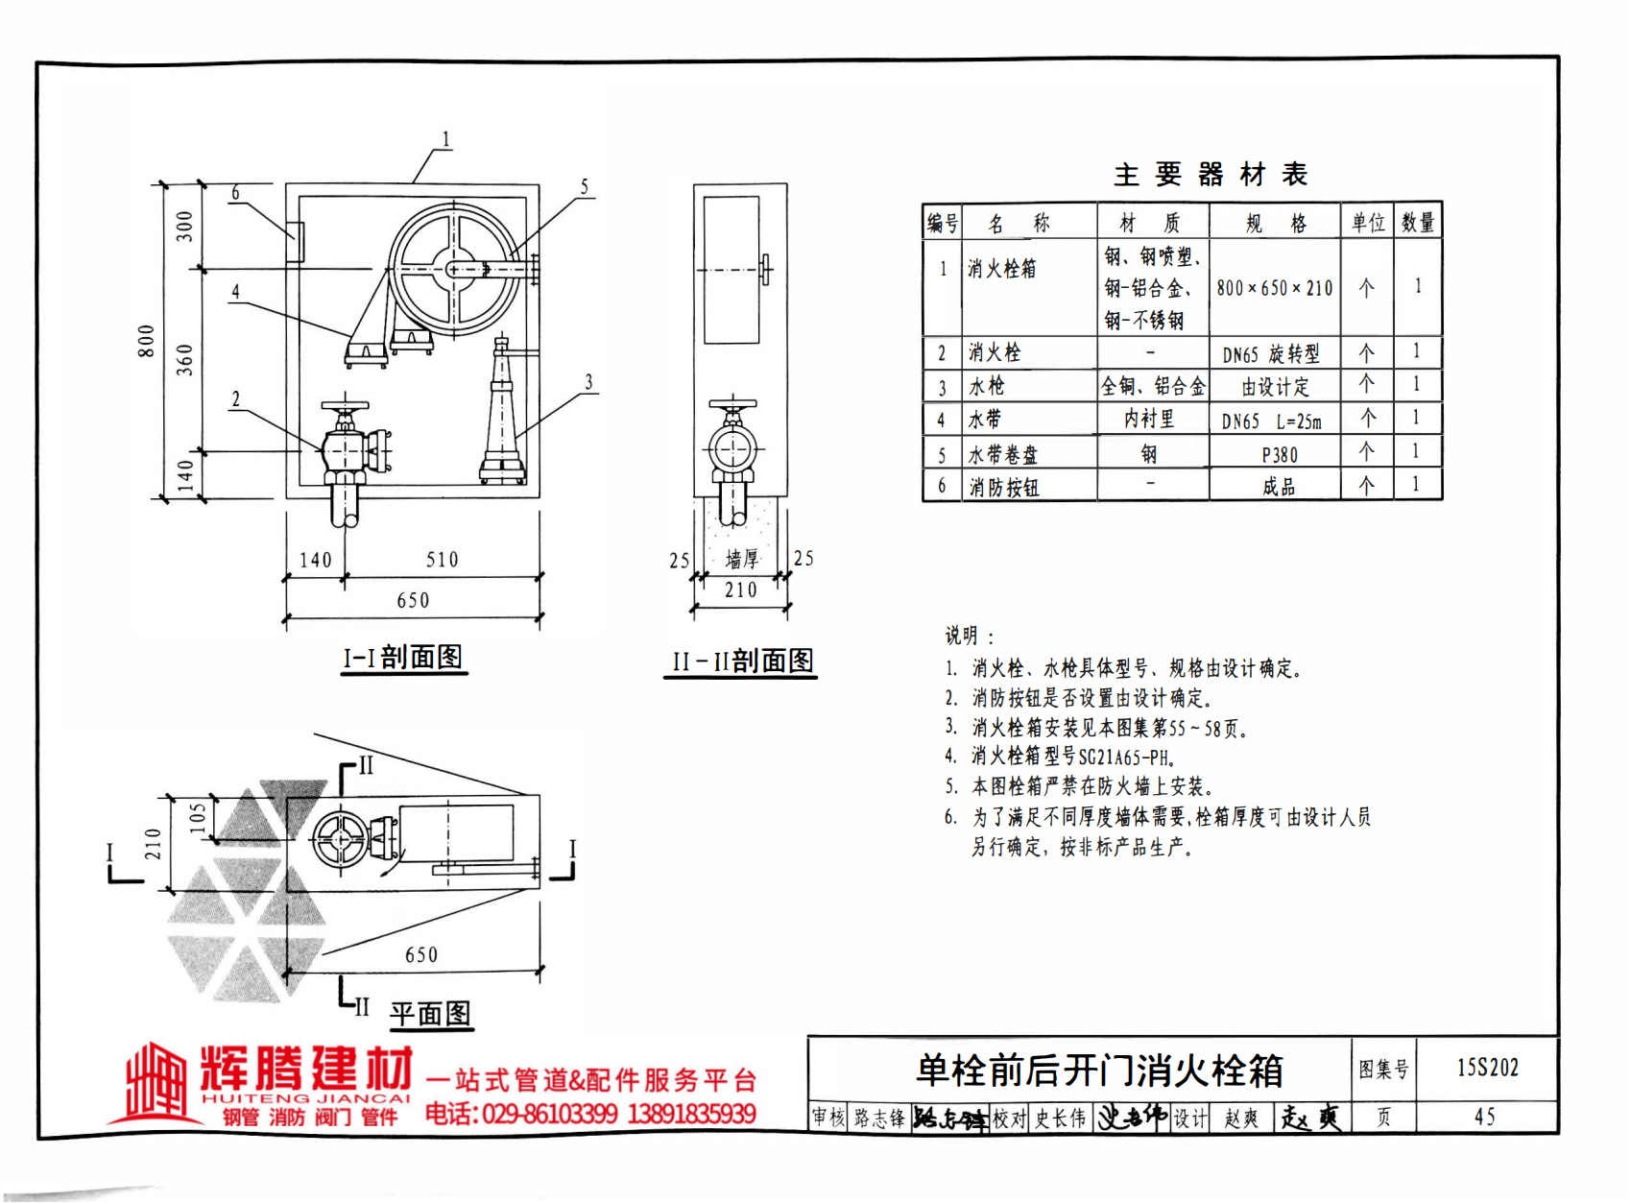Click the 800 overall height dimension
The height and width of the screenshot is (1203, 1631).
click(x=146, y=341)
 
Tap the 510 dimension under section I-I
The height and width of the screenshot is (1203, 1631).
click(x=442, y=560)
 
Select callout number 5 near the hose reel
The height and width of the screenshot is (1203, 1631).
click(x=584, y=187)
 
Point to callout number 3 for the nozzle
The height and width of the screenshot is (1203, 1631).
click(x=588, y=382)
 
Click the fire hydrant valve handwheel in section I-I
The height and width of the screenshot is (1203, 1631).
click(x=346, y=405)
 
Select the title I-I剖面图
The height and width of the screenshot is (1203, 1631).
click(x=403, y=658)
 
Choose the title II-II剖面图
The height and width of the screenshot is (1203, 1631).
click(x=741, y=662)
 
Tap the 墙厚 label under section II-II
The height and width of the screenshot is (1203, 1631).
click(x=741, y=559)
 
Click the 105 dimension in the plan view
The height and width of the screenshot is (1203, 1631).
click(x=197, y=817)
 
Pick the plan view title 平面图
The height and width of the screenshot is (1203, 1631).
click(x=430, y=1014)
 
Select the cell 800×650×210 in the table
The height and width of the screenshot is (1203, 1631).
click(x=1274, y=288)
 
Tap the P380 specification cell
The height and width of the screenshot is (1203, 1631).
click(x=1279, y=455)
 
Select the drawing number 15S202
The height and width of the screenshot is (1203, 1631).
click(x=1487, y=1068)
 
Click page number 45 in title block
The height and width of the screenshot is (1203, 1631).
click(x=1485, y=1117)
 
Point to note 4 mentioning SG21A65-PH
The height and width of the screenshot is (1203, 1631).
click(x=1061, y=757)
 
